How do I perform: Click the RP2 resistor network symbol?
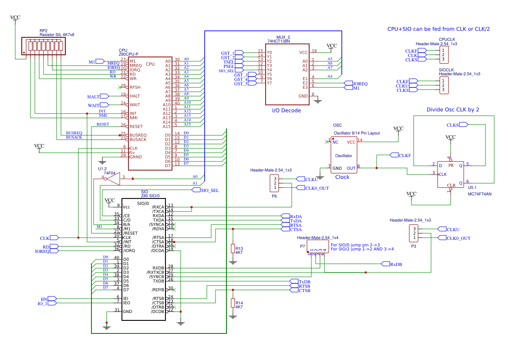[x=44, y=46]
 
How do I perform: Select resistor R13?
[x=233, y=249]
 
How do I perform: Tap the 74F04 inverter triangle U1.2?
[x=113, y=178]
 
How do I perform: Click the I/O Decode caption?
[x=286, y=111]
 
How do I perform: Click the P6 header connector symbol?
[x=275, y=183]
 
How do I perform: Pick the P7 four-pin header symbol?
[x=317, y=246]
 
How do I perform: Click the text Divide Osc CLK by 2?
[x=453, y=110]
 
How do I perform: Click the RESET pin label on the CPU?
[x=136, y=126]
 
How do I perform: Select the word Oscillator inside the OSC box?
[x=344, y=155]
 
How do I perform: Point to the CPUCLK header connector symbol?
[x=443, y=55]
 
